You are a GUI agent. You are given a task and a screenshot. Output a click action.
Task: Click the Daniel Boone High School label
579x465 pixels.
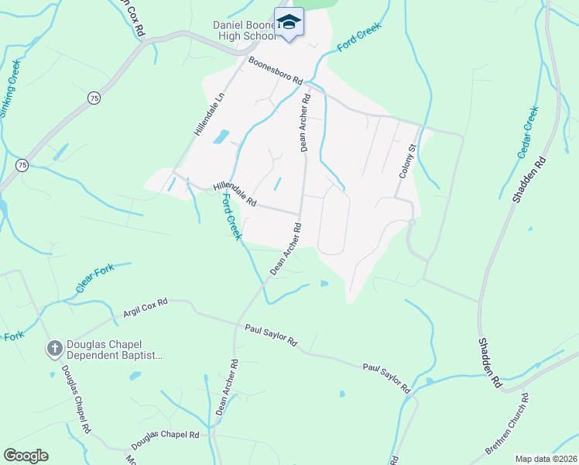243,30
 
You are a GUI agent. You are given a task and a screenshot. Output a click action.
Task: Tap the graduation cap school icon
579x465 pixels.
289,22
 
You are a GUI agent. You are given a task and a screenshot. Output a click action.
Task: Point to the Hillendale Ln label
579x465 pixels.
208,114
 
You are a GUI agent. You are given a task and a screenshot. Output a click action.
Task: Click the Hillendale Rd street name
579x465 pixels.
235,192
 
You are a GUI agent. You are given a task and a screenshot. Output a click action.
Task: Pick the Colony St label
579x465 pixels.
408,160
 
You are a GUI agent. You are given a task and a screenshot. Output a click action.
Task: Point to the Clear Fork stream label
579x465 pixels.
95,278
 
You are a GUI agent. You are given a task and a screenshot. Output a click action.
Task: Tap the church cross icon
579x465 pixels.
55,349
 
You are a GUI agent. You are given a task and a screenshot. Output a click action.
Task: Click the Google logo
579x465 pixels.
25,456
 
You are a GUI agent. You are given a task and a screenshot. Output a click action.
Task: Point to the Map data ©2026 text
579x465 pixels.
545,459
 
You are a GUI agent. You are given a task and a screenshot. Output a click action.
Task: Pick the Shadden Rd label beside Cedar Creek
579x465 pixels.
529,180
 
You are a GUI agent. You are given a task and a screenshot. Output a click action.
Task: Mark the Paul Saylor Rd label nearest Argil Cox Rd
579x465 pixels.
271,336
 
